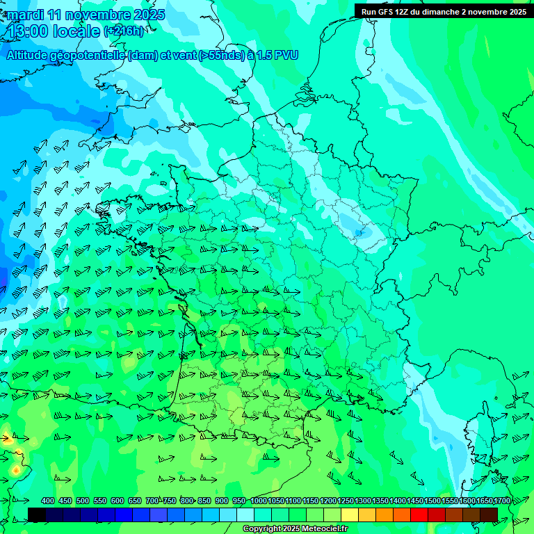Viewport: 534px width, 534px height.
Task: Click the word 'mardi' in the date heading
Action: (26, 15)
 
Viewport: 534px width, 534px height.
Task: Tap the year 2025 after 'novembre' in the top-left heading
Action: (147, 15)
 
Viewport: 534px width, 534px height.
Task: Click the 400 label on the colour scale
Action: (48, 501)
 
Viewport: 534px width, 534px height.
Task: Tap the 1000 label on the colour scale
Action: (258, 501)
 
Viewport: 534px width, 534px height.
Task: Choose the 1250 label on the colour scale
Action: (346, 501)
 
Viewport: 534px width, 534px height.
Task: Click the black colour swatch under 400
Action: (38, 515)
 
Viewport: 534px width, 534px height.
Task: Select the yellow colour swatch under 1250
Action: (350, 515)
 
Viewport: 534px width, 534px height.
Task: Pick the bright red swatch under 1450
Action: (419, 515)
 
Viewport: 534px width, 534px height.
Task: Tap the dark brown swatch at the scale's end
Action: (489, 515)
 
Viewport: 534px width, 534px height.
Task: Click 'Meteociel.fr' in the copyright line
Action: (325, 529)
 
